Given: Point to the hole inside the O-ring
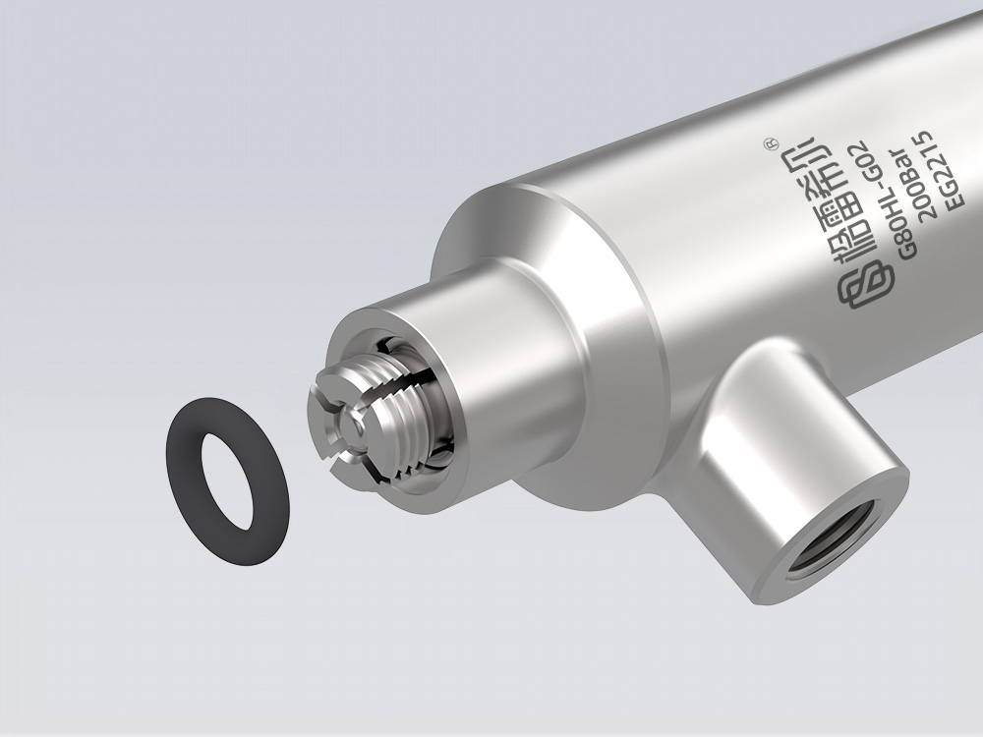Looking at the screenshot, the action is (227, 480).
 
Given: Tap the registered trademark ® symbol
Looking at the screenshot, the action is (771, 144).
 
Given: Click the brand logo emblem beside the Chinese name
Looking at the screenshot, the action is (863, 290).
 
